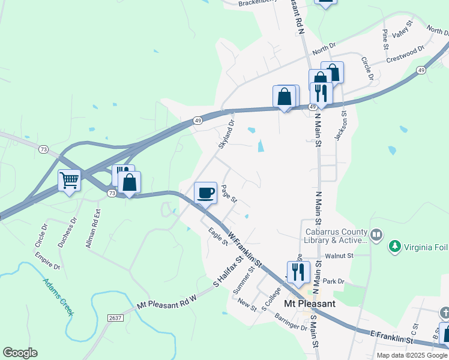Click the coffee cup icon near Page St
click(x=205, y=193)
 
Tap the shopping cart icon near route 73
click(x=69, y=179)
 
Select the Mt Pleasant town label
click(x=309, y=304)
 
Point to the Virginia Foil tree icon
click(x=395, y=246)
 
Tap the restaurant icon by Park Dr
click(x=298, y=271)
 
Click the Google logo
click(x=20, y=353)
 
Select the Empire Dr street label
click(x=48, y=262)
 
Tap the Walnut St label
click(x=339, y=256)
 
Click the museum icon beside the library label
click(x=376, y=234)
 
